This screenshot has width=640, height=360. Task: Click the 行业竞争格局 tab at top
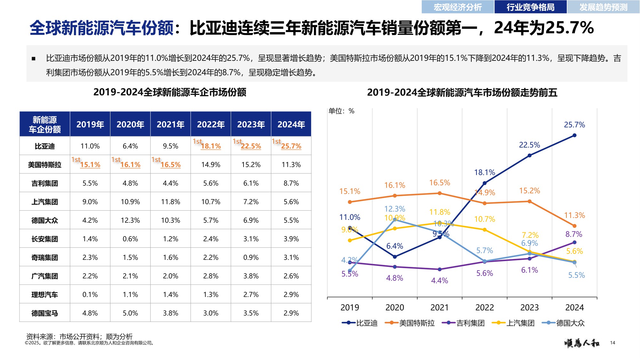pyautogui.click(x=530, y=7)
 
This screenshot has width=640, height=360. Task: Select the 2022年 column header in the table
pyautogui.click(x=211, y=124)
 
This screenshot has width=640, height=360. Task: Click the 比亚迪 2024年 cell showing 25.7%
pyautogui.click(x=291, y=146)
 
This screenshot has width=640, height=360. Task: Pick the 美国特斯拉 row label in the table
pyautogui.click(x=44, y=164)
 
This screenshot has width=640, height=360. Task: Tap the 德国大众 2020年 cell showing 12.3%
pyautogui.click(x=130, y=220)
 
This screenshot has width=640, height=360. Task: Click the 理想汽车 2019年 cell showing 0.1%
pyautogui.click(x=90, y=294)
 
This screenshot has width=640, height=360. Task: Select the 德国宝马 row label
pyautogui.click(x=44, y=313)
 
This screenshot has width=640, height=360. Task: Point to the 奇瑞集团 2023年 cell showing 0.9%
pyautogui.click(x=251, y=257)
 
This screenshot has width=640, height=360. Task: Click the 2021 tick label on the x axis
pyautogui.click(x=439, y=308)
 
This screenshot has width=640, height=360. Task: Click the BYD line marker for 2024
pyautogui.click(x=574, y=135)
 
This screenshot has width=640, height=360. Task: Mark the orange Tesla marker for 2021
pyautogui.click(x=439, y=193)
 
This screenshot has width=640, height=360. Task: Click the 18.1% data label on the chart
pyautogui.click(x=484, y=172)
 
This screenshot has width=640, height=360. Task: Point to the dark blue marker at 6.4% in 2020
pyautogui.click(x=395, y=257)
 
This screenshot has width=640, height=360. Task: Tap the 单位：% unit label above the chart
pyautogui.click(x=341, y=111)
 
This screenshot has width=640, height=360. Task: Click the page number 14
pyautogui.click(x=612, y=343)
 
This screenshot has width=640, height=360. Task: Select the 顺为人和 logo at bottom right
pyautogui.click(x=582, y=343)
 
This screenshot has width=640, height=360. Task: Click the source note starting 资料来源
pyautogui.click(x=79, y=336)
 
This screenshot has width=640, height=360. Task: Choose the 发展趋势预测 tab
pyautogui.click(x=603, y=7)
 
